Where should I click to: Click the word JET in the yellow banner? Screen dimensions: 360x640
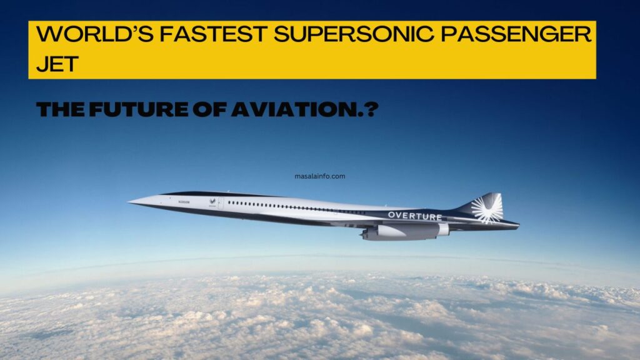(56, 64)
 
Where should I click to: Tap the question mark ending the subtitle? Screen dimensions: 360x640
(372, 111)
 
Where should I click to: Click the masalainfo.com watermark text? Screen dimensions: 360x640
(319, 176)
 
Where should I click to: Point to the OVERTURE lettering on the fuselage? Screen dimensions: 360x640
(414, 216)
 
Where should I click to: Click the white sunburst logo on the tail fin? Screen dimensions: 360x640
(487, 208)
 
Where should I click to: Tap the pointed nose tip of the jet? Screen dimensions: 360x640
(130, 201)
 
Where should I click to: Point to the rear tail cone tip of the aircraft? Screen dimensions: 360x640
(517, 226)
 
